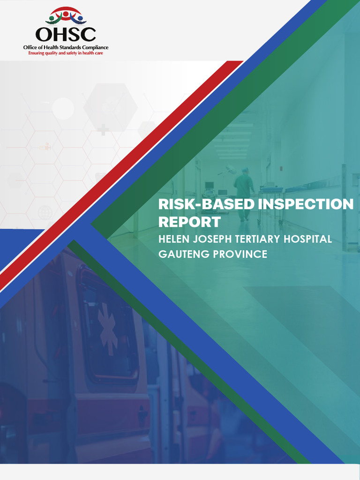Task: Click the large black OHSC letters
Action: (x=66, y=34)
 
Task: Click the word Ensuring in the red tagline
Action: (x=37, y=53)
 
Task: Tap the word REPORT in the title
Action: (x=189, y=222)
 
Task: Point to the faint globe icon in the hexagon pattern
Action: (x=45, y=212)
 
